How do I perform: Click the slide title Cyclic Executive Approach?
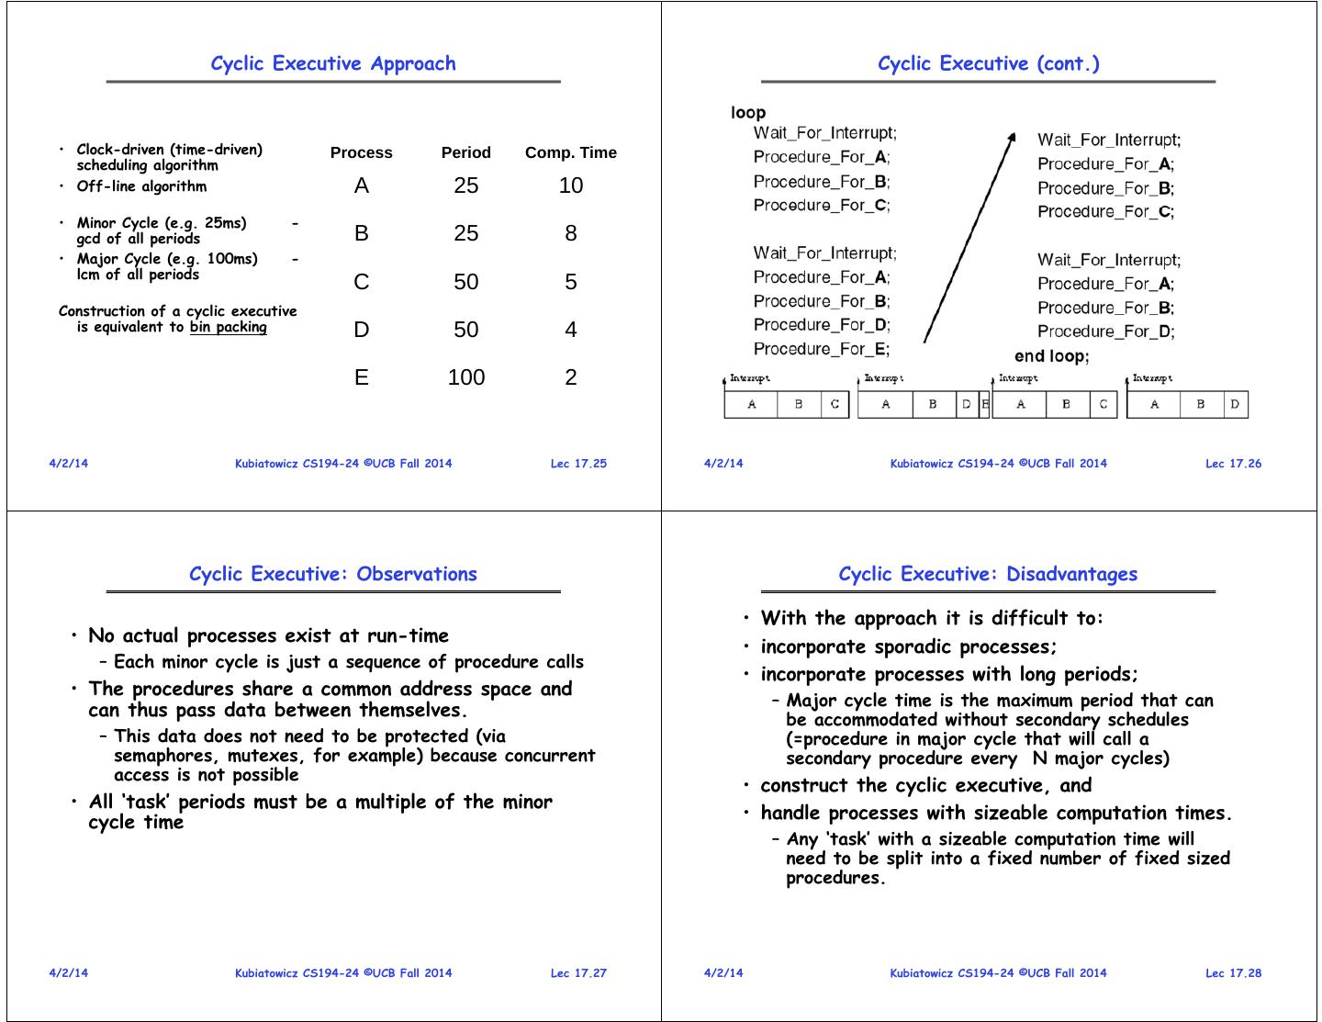(x=332, y=63)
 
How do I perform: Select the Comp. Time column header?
(x=570, y=152)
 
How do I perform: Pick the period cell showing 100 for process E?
(x=466, y=377)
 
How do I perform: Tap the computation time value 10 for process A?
(x=570, y=185)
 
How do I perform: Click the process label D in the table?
(x=361, y=330)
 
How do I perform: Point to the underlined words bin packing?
(x=229, y=327)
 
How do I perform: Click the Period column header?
(x=465, y=152)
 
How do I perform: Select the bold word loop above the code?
(x=748, y=113)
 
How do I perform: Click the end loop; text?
(x=1051, y=356)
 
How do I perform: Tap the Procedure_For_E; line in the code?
(x=822, y=349)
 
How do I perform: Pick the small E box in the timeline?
(x=985, y=404)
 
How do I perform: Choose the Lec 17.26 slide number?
(x=1233, y=464)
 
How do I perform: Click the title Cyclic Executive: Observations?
(x=332, y=574)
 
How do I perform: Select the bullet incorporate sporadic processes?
(x=909, y=646)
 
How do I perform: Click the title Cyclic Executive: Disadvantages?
(x=987, y=574)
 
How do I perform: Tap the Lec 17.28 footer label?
(x=1233, y=973)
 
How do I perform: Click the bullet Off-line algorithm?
(x=141, y=186)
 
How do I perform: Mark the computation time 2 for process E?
(x=570, y=377)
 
